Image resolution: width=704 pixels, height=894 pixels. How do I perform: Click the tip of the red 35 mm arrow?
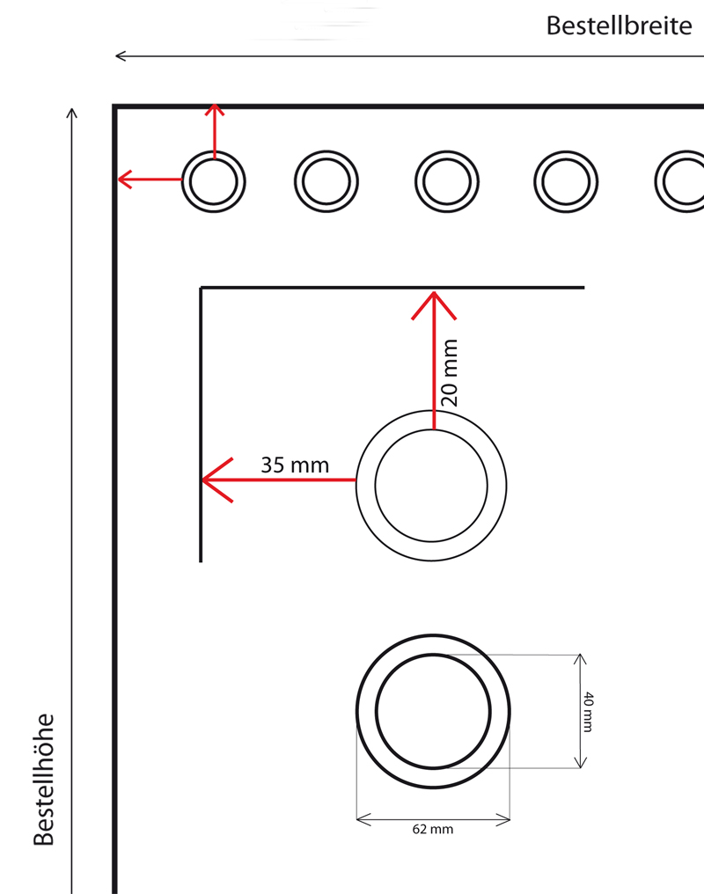click(x=202, y=480)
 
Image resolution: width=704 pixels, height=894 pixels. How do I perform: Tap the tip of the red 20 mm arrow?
click(x=434, y=292)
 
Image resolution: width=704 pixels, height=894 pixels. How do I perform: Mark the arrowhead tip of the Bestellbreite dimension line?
click(x=115, y=56)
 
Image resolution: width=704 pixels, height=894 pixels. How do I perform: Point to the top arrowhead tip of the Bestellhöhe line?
click(x=72, y=108)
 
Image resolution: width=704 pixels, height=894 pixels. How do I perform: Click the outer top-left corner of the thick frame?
click(x=113, y=105)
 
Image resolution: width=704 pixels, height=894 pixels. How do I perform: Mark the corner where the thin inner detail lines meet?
click(x=201, y=288)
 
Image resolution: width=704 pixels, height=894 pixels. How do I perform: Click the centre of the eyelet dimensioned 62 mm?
click(x=433, y=712)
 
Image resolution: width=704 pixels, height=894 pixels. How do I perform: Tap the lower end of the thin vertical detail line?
click(x=201, y=562)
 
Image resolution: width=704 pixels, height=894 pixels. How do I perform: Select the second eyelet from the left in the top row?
click(x=326, y=182)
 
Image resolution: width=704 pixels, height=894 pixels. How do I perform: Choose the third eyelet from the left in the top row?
click(x=447, y=182)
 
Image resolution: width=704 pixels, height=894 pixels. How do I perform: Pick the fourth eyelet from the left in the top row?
click(x=566, y=182)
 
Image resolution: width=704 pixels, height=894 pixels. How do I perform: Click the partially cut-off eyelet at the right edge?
click(x=679, y=182)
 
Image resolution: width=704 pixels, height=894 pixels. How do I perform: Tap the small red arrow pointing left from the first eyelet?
click(x=150, y=180)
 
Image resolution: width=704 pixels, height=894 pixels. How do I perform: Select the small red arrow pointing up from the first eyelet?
click(x=215, y=130)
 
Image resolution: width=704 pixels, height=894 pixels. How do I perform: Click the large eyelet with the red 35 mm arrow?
click(x=431, y=486)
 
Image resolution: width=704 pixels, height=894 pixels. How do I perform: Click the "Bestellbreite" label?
click(x=619, y=26)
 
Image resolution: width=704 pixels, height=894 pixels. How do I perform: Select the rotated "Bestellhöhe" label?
click(x=44, y=780)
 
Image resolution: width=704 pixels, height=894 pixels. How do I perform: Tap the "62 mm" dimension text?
click(x=433, y=830)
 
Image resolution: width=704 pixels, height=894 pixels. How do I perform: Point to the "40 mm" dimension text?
click(x=589, y=712)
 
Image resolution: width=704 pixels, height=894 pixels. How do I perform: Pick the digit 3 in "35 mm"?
click(x=267, y=465)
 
